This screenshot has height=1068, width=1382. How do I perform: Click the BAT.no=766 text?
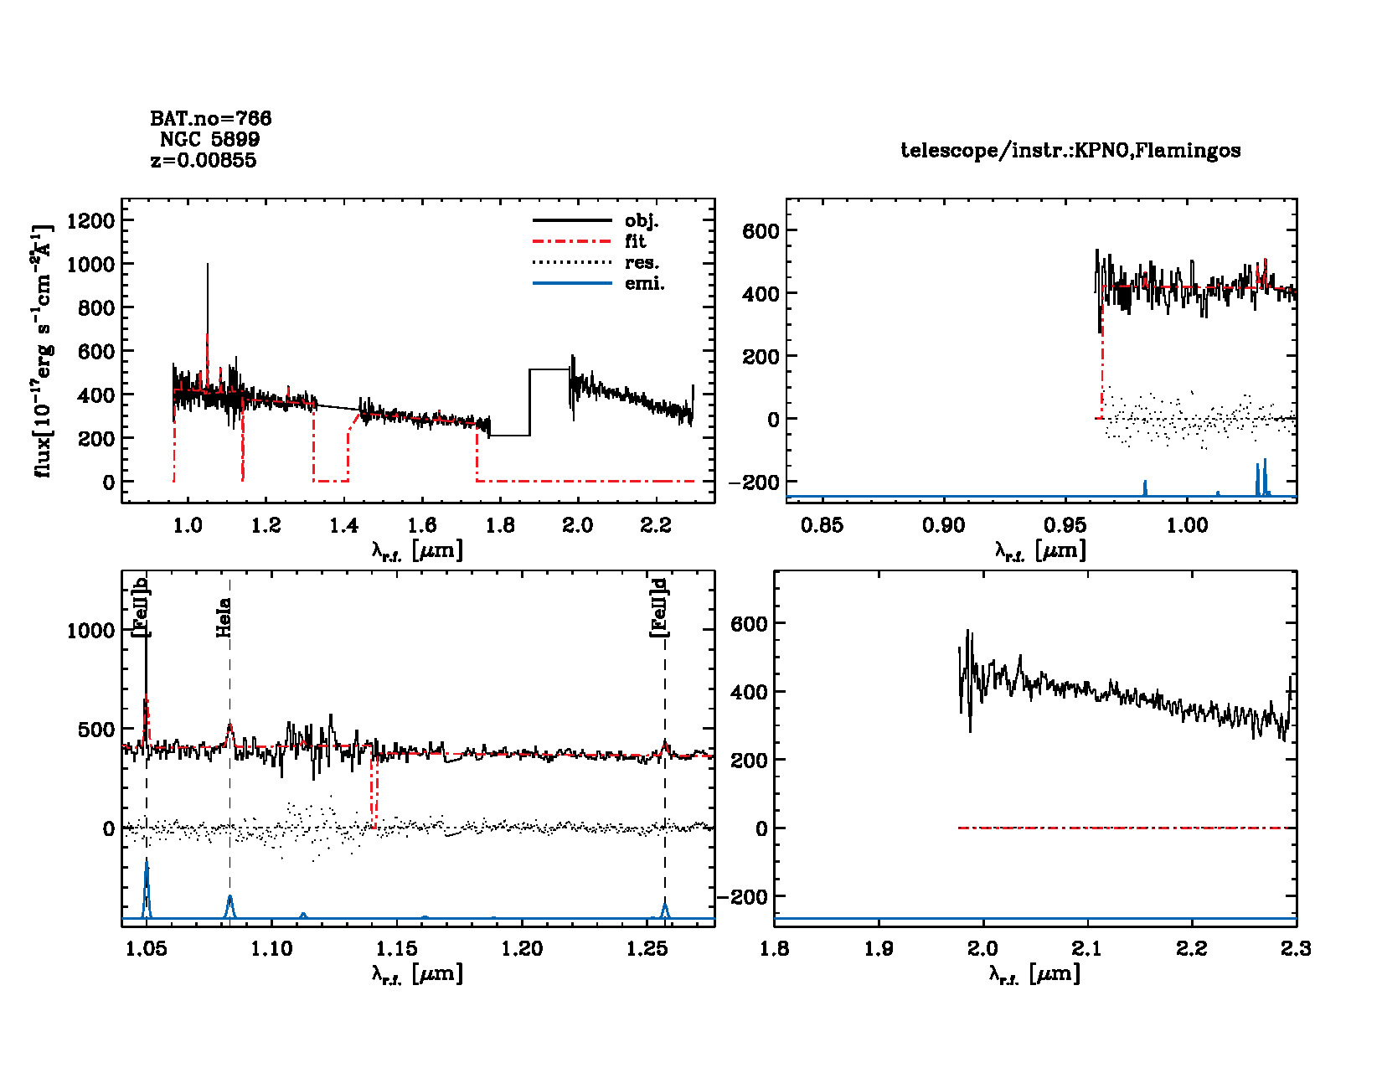(210, 119)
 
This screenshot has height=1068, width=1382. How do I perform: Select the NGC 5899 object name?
(209, 139)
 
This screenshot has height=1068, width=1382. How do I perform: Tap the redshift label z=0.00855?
(204, 160)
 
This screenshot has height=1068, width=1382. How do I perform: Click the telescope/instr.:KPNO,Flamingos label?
(1070, 151)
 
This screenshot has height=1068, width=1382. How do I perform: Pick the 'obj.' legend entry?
(642, 221)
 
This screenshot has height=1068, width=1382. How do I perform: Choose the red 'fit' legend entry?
(635, 242)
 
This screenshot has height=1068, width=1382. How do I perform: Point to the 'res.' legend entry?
(642, 263)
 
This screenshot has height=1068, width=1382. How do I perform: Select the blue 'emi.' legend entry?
(644, 284)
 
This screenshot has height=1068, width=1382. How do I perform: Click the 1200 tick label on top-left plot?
(90, 220)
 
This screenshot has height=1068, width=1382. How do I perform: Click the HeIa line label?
(224, 617)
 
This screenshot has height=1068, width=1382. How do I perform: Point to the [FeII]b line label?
(141, 608)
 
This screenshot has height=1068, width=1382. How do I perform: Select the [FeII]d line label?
(660, 608)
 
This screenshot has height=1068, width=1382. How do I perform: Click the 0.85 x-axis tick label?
(822, 525)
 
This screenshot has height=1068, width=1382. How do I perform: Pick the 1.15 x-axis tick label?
(396, 948)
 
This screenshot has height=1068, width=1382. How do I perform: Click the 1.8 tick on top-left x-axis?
(500, 525)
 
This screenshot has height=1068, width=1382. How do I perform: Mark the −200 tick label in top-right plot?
(754, 482)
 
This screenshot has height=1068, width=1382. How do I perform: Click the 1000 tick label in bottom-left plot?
(90, 631)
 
